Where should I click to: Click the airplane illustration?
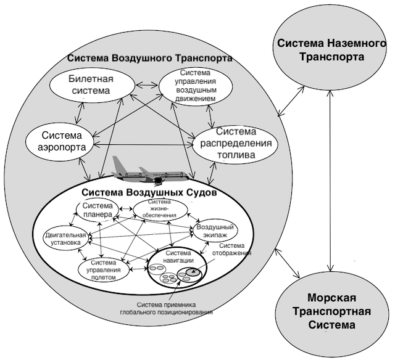[154, 175]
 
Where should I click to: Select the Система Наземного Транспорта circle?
[318, 49]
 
